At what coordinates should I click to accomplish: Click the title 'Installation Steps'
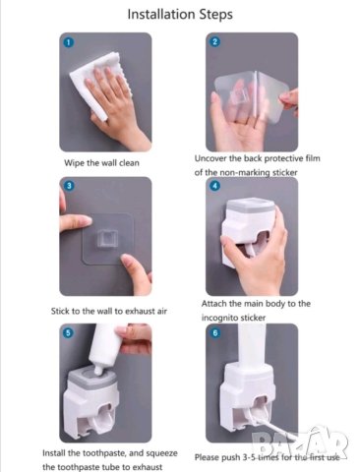coord(180,15)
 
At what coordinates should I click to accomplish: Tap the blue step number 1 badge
coord(69,42)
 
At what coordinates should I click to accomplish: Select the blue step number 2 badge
coord(214,41)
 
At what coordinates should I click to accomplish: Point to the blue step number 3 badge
coord(69,186)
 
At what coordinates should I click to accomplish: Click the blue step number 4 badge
coord(214,186)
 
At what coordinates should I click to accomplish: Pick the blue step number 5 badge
coord(68,332)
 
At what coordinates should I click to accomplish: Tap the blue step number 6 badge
coord(214,332)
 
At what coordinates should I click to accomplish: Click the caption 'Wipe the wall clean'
coord(101,163)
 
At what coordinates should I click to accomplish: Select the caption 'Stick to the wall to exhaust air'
coord(109,311)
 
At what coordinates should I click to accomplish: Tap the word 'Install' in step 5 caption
coord(54,453)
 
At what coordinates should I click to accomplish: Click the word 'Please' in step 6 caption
coord(207,457)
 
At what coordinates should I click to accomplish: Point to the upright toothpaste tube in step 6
coord(252,345)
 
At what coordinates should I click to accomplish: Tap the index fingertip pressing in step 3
coord(86,221)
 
